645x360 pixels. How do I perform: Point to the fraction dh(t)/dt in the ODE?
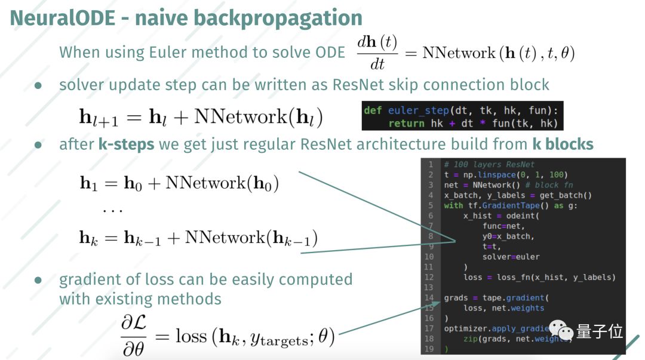click(x=377, y=53)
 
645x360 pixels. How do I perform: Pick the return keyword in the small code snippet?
click(x=407, y=124)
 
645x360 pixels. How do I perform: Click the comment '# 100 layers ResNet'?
click(x=489, y=164)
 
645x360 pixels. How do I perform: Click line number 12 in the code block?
click(x=430, y=277)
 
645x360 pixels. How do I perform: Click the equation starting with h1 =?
click(x=180, y=183)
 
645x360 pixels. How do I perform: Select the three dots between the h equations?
click(x=113, y=211)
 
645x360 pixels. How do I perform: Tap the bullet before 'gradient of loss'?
click(x=38, y=280)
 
